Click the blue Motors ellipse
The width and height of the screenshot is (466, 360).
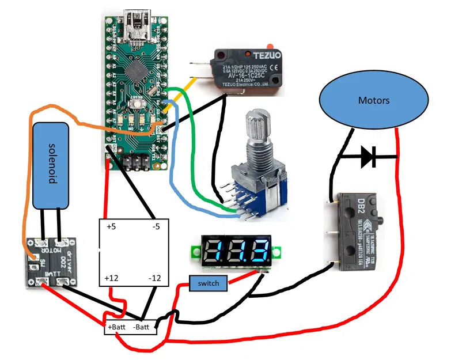pyautogui.click(x=374, y=101)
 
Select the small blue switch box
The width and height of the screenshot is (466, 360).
pyautogui.click(x=208, y=284)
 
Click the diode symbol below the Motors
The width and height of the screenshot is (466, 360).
pyautogui.click(x=368, y=157)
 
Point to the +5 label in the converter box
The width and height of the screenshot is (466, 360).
pyautogui.click(x=111, y=227)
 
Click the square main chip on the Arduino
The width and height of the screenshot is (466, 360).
pyautogui.click(x=137, y=70)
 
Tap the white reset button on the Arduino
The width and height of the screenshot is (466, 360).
pyautogui.click(x=137, y=104)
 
